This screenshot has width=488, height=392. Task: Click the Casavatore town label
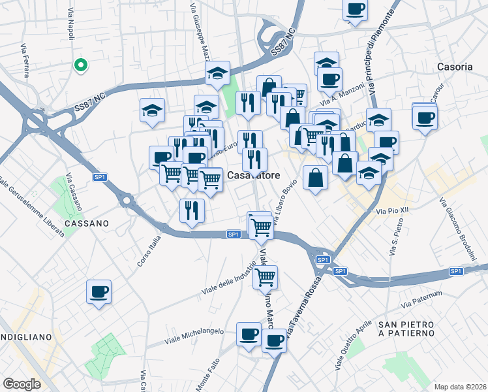[254, 175]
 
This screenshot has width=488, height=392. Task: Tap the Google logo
[22, 384]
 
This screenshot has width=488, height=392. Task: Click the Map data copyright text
[461, 386]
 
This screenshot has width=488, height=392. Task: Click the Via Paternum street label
[427, 300]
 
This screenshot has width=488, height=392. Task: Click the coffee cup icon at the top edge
[355, 9]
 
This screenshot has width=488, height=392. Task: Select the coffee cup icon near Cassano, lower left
[99, 291]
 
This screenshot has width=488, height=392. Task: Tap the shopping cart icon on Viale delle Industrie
[265, 277]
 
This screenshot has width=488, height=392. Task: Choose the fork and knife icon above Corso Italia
[192, 210]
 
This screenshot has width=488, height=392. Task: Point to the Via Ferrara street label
[25, 59]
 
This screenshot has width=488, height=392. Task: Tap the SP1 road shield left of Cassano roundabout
[100, 177]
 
